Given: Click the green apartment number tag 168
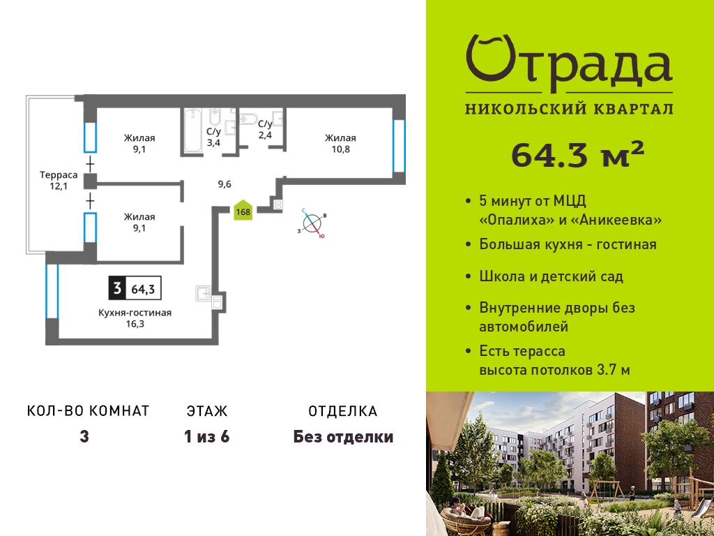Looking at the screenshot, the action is point(243,210).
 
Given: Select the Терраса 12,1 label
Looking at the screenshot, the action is point(59,180).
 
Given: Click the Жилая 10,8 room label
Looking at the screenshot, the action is point(340,144).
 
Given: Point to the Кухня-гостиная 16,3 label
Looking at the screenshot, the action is point(135,318).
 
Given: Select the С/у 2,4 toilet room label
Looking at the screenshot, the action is point(265,129).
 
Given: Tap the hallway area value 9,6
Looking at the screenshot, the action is point(225,184).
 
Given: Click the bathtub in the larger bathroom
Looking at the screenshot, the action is point(192,131).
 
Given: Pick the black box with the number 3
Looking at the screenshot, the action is point(117,288).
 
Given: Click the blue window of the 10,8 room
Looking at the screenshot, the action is point(399,146).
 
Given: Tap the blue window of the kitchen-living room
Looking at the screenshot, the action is point(52,291).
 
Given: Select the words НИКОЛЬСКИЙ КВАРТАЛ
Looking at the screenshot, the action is point(569,110).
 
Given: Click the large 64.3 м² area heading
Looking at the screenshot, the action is point(578,155).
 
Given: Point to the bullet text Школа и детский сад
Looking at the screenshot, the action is point(551,276).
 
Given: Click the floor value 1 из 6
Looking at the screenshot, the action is point(206,437).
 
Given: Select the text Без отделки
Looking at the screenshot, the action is point(343,437).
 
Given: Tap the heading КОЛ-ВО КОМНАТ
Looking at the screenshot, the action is point(89,411).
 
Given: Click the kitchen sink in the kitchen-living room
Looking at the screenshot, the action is point(204,294).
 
